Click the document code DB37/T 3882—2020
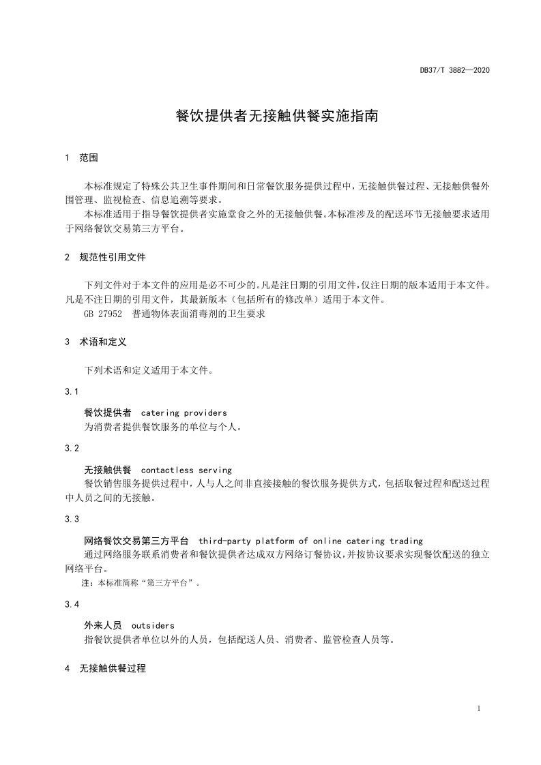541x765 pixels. point(455,70)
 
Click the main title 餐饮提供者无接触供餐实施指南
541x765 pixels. point(277,116)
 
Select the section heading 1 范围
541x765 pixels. point(81,157)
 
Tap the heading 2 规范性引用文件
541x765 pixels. point(105,258)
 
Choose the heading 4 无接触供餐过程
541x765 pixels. point(105,668)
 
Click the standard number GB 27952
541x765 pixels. point(103,315)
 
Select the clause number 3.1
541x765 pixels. point(72,391)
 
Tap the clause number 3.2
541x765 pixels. point(72,448)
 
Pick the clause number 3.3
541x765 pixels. point(72,519)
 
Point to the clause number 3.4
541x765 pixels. point(72,604)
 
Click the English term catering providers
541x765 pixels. point(184,412)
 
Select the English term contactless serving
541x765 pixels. point(186,470)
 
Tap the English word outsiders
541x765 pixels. point(153,625)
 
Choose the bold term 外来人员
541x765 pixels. point(103,625)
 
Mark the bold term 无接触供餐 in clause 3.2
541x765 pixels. point(108,470)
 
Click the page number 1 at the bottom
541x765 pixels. point(480,708)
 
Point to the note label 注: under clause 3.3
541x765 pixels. point(87,583)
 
